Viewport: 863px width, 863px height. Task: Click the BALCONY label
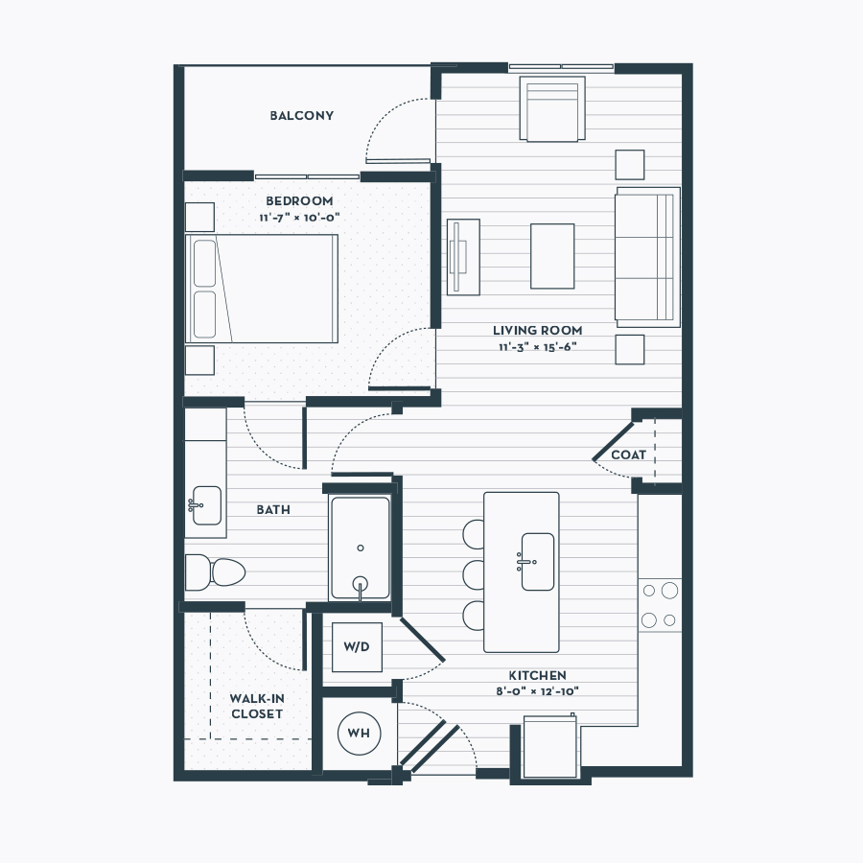click(302, 116)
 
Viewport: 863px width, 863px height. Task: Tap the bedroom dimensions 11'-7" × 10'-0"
click(299, 218)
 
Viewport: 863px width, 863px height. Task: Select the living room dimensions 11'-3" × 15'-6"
click(537, 347)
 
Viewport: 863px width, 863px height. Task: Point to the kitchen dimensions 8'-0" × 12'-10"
click(537, 691)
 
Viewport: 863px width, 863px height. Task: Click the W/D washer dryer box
click(358, 647)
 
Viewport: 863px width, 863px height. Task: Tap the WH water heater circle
click(359, 734)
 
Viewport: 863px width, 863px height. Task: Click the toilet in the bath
click(215, 572)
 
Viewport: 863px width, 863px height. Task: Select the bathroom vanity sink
click(206, 505)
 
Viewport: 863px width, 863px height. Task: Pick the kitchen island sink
click(536, 561)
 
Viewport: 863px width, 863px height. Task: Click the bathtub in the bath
click(361, 548)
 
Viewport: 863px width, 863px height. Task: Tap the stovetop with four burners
click(660, 605)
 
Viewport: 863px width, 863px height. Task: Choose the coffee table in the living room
click(552, 256)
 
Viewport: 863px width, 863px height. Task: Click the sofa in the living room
click(648, 257)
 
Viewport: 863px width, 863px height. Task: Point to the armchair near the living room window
click(552, 108)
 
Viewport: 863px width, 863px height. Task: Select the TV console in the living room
click(463, 257)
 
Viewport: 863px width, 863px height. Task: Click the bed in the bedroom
click(262, 289)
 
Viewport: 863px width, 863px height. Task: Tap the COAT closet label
click(628, 455)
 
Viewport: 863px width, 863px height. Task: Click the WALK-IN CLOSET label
click(257, 706)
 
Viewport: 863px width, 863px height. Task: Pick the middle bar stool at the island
click(474, 574)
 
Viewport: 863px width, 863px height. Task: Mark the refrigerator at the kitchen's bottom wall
click(551, 747)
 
